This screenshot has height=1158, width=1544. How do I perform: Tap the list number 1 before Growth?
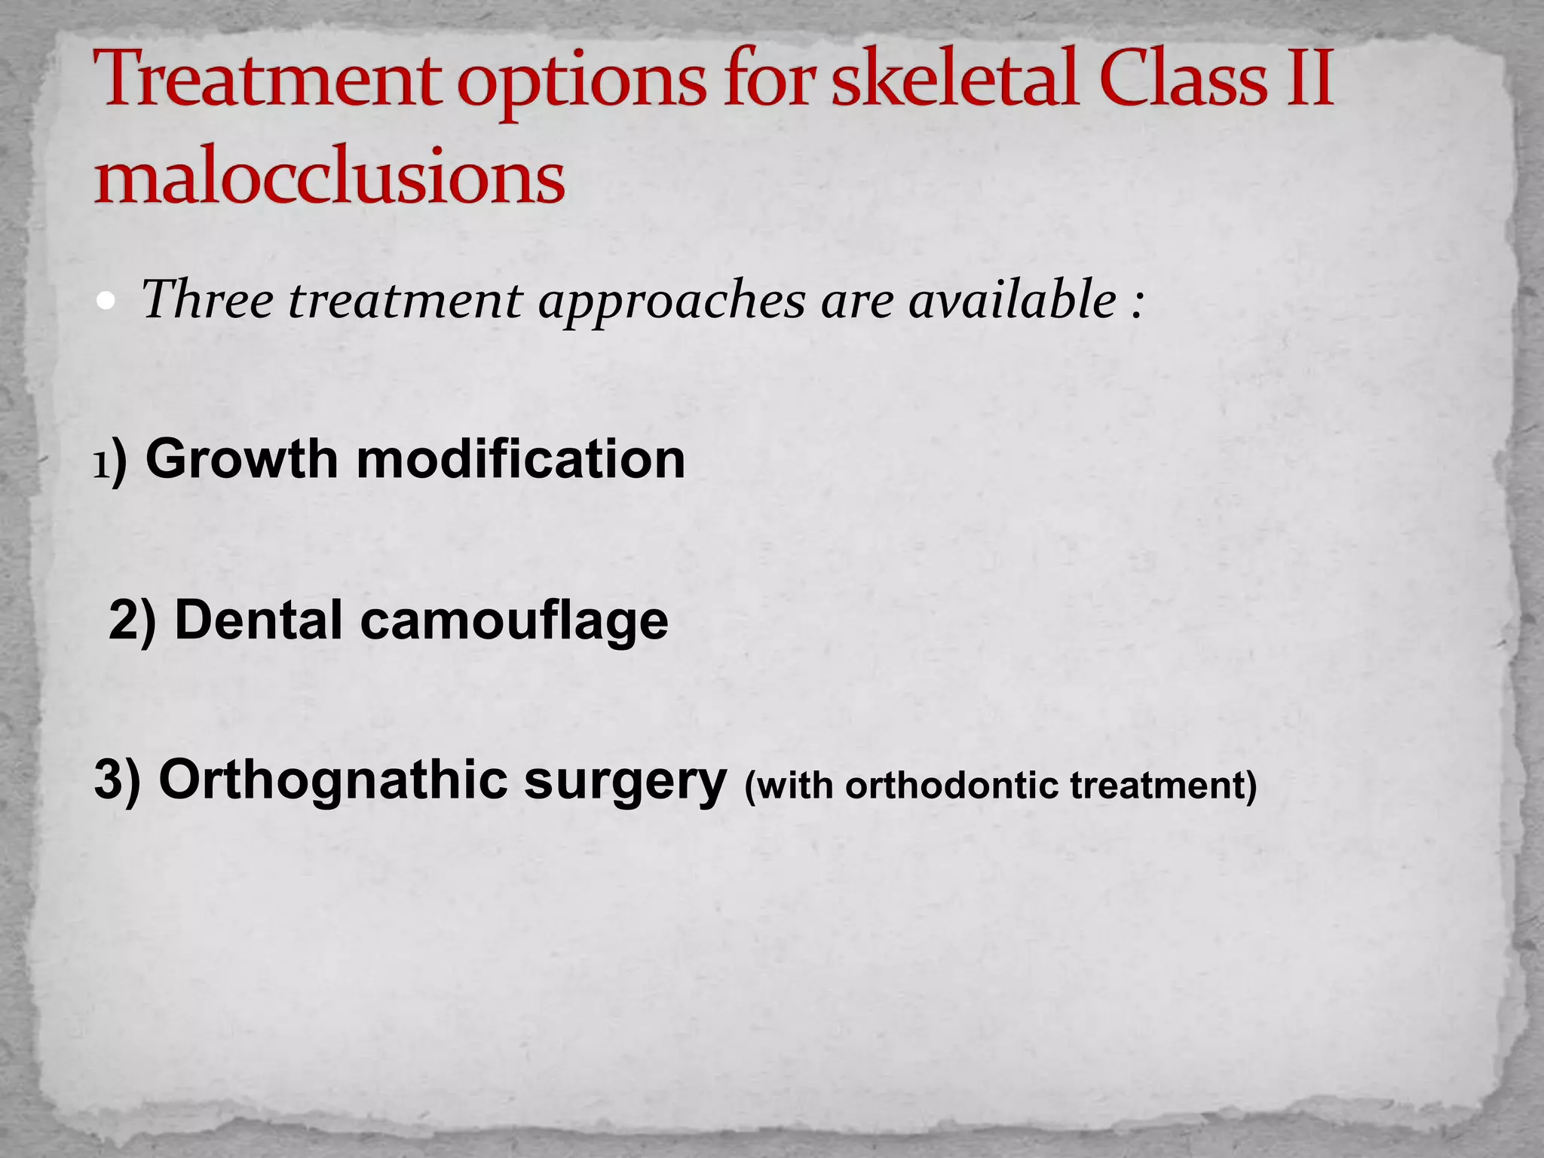tap(101, 465)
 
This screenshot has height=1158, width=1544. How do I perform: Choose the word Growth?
tap(241, 459)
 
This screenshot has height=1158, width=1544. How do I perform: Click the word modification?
tap(520, 459)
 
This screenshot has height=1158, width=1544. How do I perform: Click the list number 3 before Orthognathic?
tap(109, 780)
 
